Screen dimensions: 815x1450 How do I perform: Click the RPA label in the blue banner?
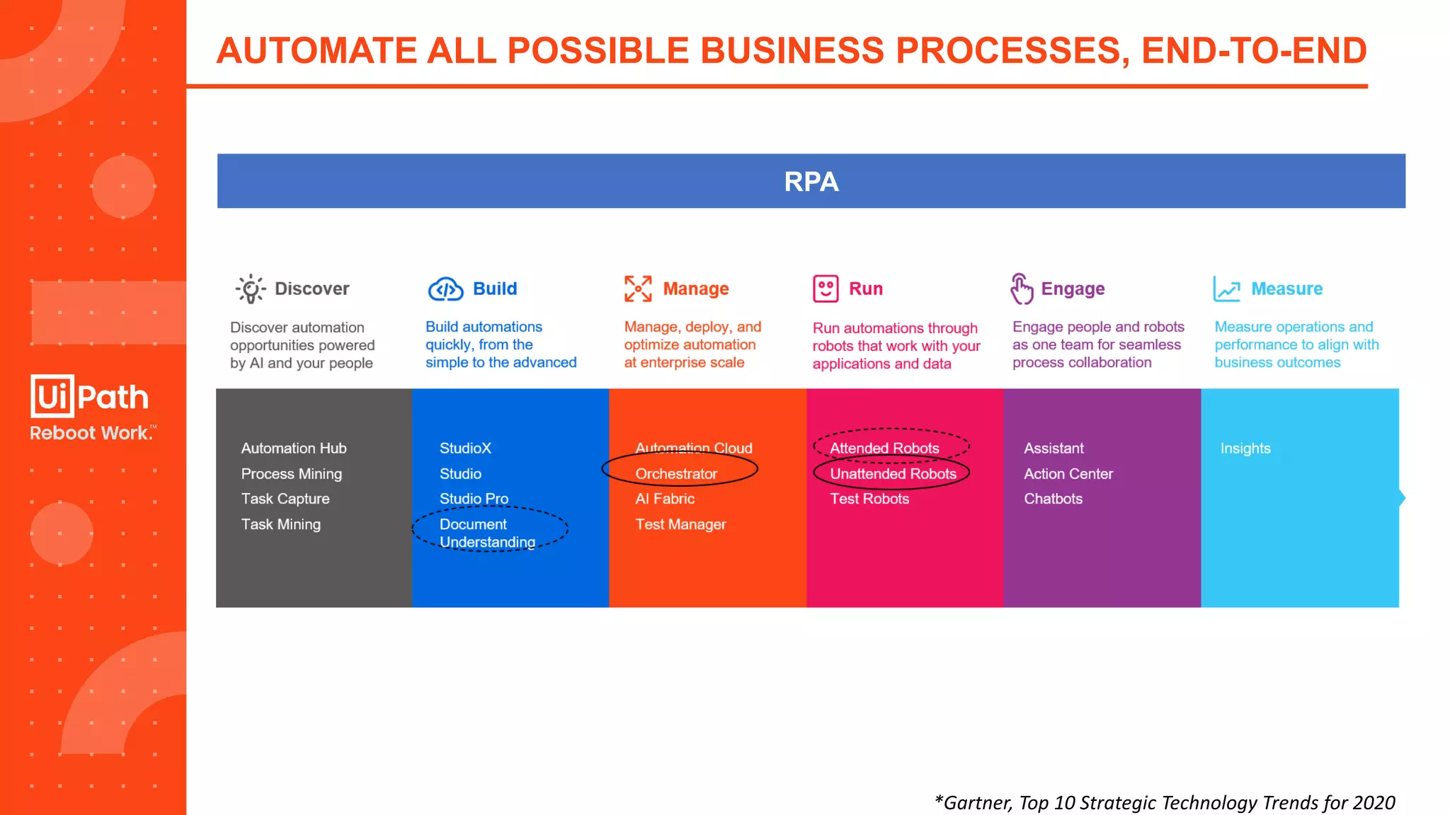tap(811, 182)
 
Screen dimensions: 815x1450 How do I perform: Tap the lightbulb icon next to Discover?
tap(250, 289)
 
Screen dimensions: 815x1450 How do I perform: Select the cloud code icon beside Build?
tap(445, 289)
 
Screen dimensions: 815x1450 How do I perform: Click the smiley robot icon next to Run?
tap(826, 289)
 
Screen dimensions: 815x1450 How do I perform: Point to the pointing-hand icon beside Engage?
tap(1021, 289)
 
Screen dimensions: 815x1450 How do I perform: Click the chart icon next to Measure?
tap(1226, 289)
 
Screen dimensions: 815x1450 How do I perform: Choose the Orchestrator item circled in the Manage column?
tap(676, 474)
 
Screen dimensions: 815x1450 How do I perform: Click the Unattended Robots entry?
tap(893, 474)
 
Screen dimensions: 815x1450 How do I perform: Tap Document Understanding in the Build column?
tap(487, 533)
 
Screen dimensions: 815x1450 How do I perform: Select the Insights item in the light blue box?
tap(1245, 449)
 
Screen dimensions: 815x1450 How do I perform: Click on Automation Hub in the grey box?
tap(294, 449)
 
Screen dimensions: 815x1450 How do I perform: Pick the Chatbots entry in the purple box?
tap(1053, 499)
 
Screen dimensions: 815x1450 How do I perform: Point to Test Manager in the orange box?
tap(680, 524)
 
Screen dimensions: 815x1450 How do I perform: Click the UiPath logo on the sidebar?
tap(90, 396)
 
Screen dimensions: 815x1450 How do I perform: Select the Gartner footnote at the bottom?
tap(1165, 802)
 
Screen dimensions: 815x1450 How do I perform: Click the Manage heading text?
tap(695, 289)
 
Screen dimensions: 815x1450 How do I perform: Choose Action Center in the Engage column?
tap(1068, 474)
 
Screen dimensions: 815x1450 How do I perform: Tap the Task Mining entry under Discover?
tap(281, 524)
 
